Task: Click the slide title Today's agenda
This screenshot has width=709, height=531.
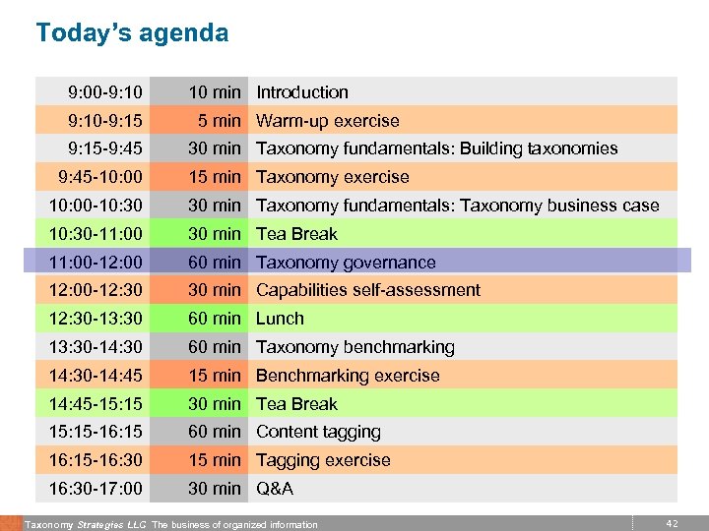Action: (x=132, y=33)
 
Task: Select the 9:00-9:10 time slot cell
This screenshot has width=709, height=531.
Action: (x=105, y=92)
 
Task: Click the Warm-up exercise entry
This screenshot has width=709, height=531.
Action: (x=328, y=121)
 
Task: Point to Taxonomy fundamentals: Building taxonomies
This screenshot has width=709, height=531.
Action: (x=437, y=148)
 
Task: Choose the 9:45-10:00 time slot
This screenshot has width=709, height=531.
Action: (x=100, y=177)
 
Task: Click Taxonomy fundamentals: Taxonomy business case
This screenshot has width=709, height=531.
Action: (x=458, y=206)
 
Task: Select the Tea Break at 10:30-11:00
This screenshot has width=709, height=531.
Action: (x=296, y=234)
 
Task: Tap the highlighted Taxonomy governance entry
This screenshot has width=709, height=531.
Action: (x=346, y=263)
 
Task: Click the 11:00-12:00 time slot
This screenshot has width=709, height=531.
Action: (x=96, y=263)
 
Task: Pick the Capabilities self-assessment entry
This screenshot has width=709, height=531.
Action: (x=368, y=290)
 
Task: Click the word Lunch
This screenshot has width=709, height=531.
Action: (x=281, y=319)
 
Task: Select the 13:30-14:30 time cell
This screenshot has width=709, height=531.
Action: (x=96, y=347)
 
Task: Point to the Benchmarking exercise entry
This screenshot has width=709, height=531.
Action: (x=348, y=376)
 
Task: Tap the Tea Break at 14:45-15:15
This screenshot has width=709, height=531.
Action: (x=296, y=404)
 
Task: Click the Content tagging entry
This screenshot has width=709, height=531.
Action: (x=318, y=432)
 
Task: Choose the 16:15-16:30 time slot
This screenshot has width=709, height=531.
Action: (x=96, y=460)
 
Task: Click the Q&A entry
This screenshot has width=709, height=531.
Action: (x=275, y=489)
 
